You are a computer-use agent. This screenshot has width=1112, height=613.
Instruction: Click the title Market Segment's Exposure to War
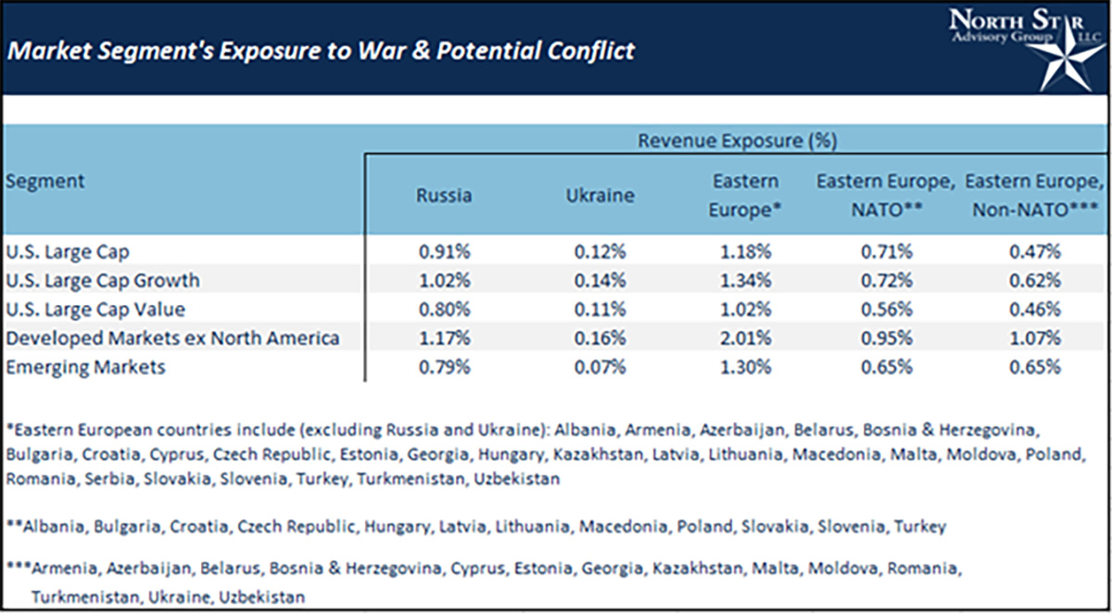coord(321,50)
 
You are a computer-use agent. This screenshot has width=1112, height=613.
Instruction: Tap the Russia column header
coord(444,196)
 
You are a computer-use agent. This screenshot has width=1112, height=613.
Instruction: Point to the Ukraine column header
coord(600,196)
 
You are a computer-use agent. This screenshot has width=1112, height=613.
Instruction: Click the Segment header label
coord(44,181)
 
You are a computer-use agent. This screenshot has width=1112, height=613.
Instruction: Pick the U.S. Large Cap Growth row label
coord(103,279)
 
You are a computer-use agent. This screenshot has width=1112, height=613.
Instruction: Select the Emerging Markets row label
coord(85,366)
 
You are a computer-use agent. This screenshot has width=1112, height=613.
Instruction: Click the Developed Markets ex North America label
coord(172,338)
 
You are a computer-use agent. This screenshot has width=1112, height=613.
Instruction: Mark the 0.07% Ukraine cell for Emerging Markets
coord(600,366)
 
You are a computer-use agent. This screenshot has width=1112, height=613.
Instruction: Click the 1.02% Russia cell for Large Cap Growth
coord(444,279)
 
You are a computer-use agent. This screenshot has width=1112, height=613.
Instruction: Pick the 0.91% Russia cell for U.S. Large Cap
coord(444,250)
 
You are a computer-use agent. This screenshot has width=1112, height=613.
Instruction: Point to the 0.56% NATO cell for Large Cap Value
coord(890,309)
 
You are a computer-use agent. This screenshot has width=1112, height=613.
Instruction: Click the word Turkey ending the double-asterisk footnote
coord(920,527)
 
